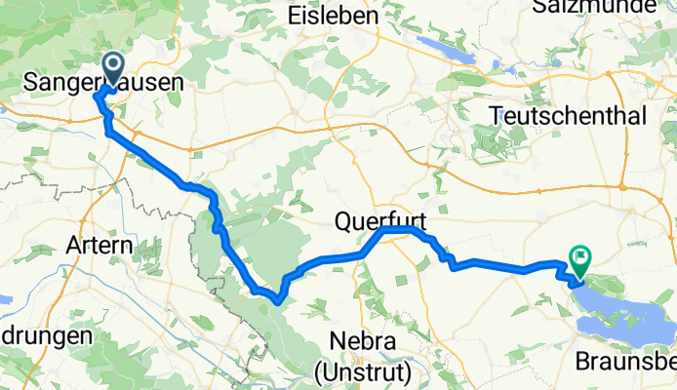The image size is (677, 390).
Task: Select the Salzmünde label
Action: pos(605,6)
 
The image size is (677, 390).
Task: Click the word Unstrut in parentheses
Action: pos(366,370)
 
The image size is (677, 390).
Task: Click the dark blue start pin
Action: pos(113,68)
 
